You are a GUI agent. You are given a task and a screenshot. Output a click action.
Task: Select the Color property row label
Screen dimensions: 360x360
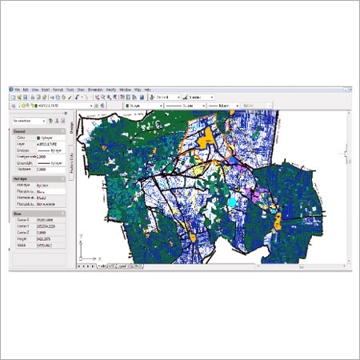[x=23, y=138]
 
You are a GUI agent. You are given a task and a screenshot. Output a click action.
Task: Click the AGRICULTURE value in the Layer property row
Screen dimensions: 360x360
[x=49, y=144]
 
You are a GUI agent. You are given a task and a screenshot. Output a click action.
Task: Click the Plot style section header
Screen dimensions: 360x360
[x=23, y=179]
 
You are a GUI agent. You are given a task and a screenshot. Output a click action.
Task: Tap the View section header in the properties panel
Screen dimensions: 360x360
[x=17, y=213]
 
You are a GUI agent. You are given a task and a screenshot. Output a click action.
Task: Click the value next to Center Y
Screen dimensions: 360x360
[x=49, y=226]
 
